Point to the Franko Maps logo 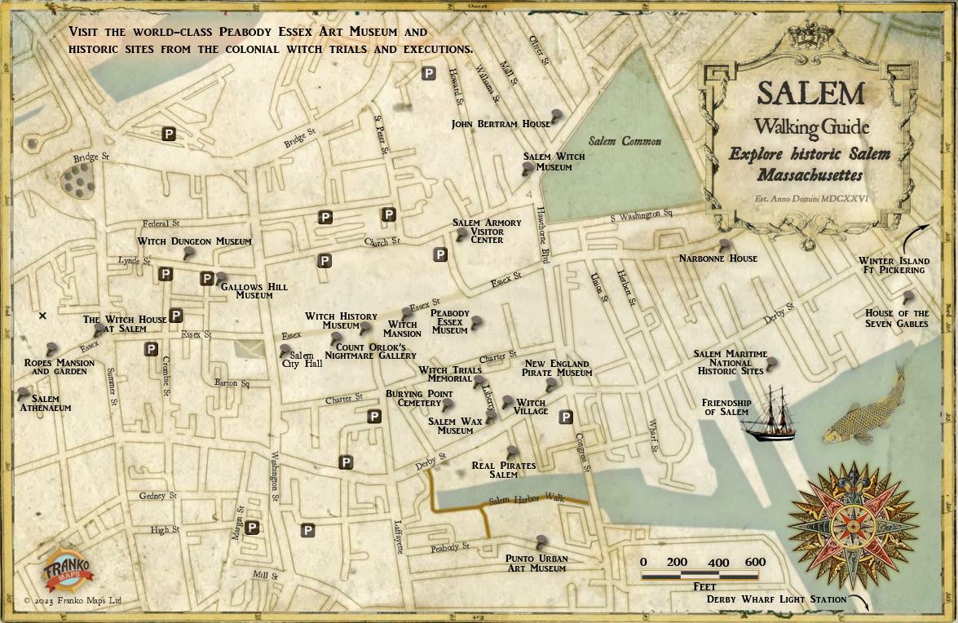click(68, 568)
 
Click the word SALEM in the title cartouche click(810, 93)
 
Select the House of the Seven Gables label click(897, 318)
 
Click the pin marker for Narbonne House click(724, 245)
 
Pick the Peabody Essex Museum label click(450, 322)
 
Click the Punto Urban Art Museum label click(536, 563)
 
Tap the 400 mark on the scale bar click(717, 562)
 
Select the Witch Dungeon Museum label click(194, 241)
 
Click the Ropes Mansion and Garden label click(59, 366)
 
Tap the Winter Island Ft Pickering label click(894, 266)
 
